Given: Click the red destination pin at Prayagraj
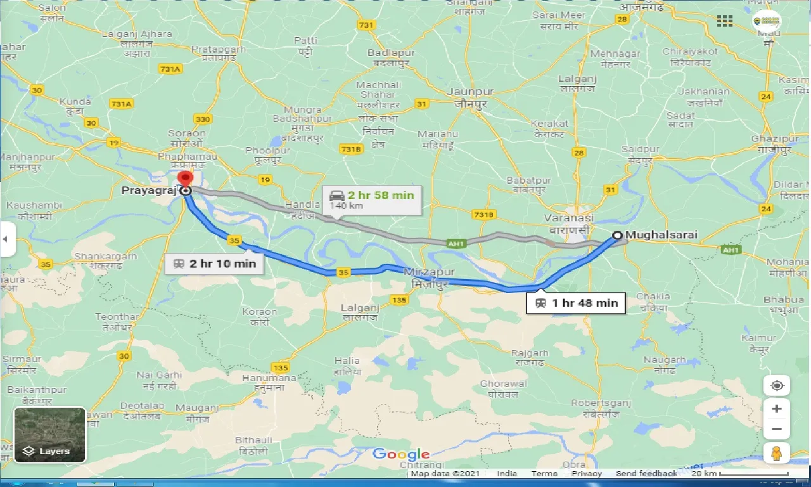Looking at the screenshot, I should pos(185,179).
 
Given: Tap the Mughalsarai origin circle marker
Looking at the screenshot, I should pos(617,236).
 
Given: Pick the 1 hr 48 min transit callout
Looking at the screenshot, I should pos(576,302).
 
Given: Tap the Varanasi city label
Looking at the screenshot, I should pos(567,223).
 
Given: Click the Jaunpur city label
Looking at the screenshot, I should pos(470,97).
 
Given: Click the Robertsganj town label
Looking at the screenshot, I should pos(602,408).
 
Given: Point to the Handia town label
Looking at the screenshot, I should pos(302,209).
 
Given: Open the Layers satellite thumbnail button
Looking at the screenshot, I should pos(49,435).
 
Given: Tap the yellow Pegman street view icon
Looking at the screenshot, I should pos(777,454).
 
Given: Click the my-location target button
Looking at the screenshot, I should pos(777,386).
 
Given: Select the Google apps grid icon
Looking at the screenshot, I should pos(725,21).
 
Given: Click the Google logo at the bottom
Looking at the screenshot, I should pos(400,454).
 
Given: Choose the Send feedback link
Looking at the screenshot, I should pos(646,474).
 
